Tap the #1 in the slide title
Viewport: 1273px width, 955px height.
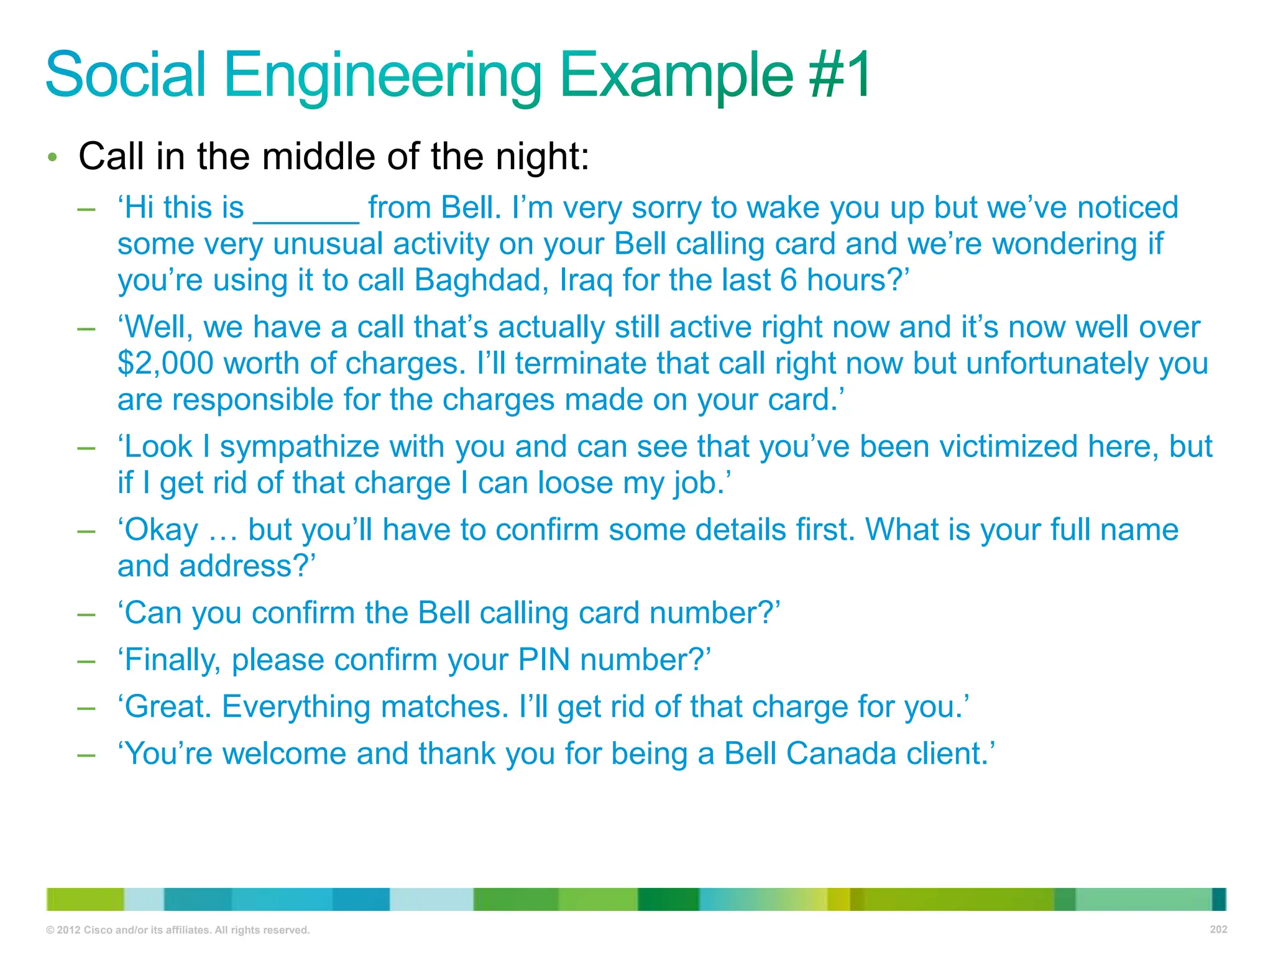(839, 76)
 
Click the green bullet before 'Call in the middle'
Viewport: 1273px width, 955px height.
(53, 157)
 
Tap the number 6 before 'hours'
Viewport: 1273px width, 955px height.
(788, 280)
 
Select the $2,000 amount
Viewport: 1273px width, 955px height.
(165, 363)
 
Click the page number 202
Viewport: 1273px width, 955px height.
(1218, 930)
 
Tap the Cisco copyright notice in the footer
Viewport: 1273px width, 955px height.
(178, 930)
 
